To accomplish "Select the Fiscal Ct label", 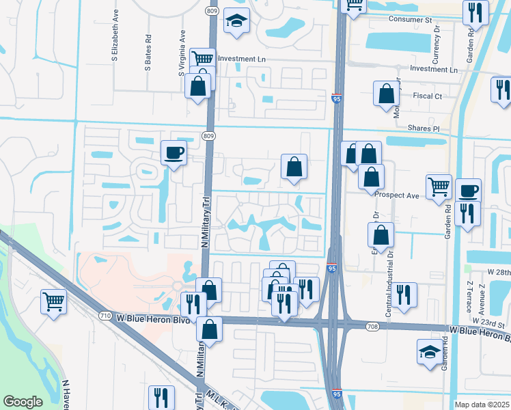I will click(x=428, y=96).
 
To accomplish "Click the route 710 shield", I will click(x=105, y=316).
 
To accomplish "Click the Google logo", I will click(x=23, y=402).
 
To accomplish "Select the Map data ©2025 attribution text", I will click(x=482, y=405).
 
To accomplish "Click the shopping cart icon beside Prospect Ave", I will click(x=439, y=187).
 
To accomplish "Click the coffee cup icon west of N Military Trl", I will click(x=174, y=152).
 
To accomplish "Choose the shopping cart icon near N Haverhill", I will click(x=53, y=301).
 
